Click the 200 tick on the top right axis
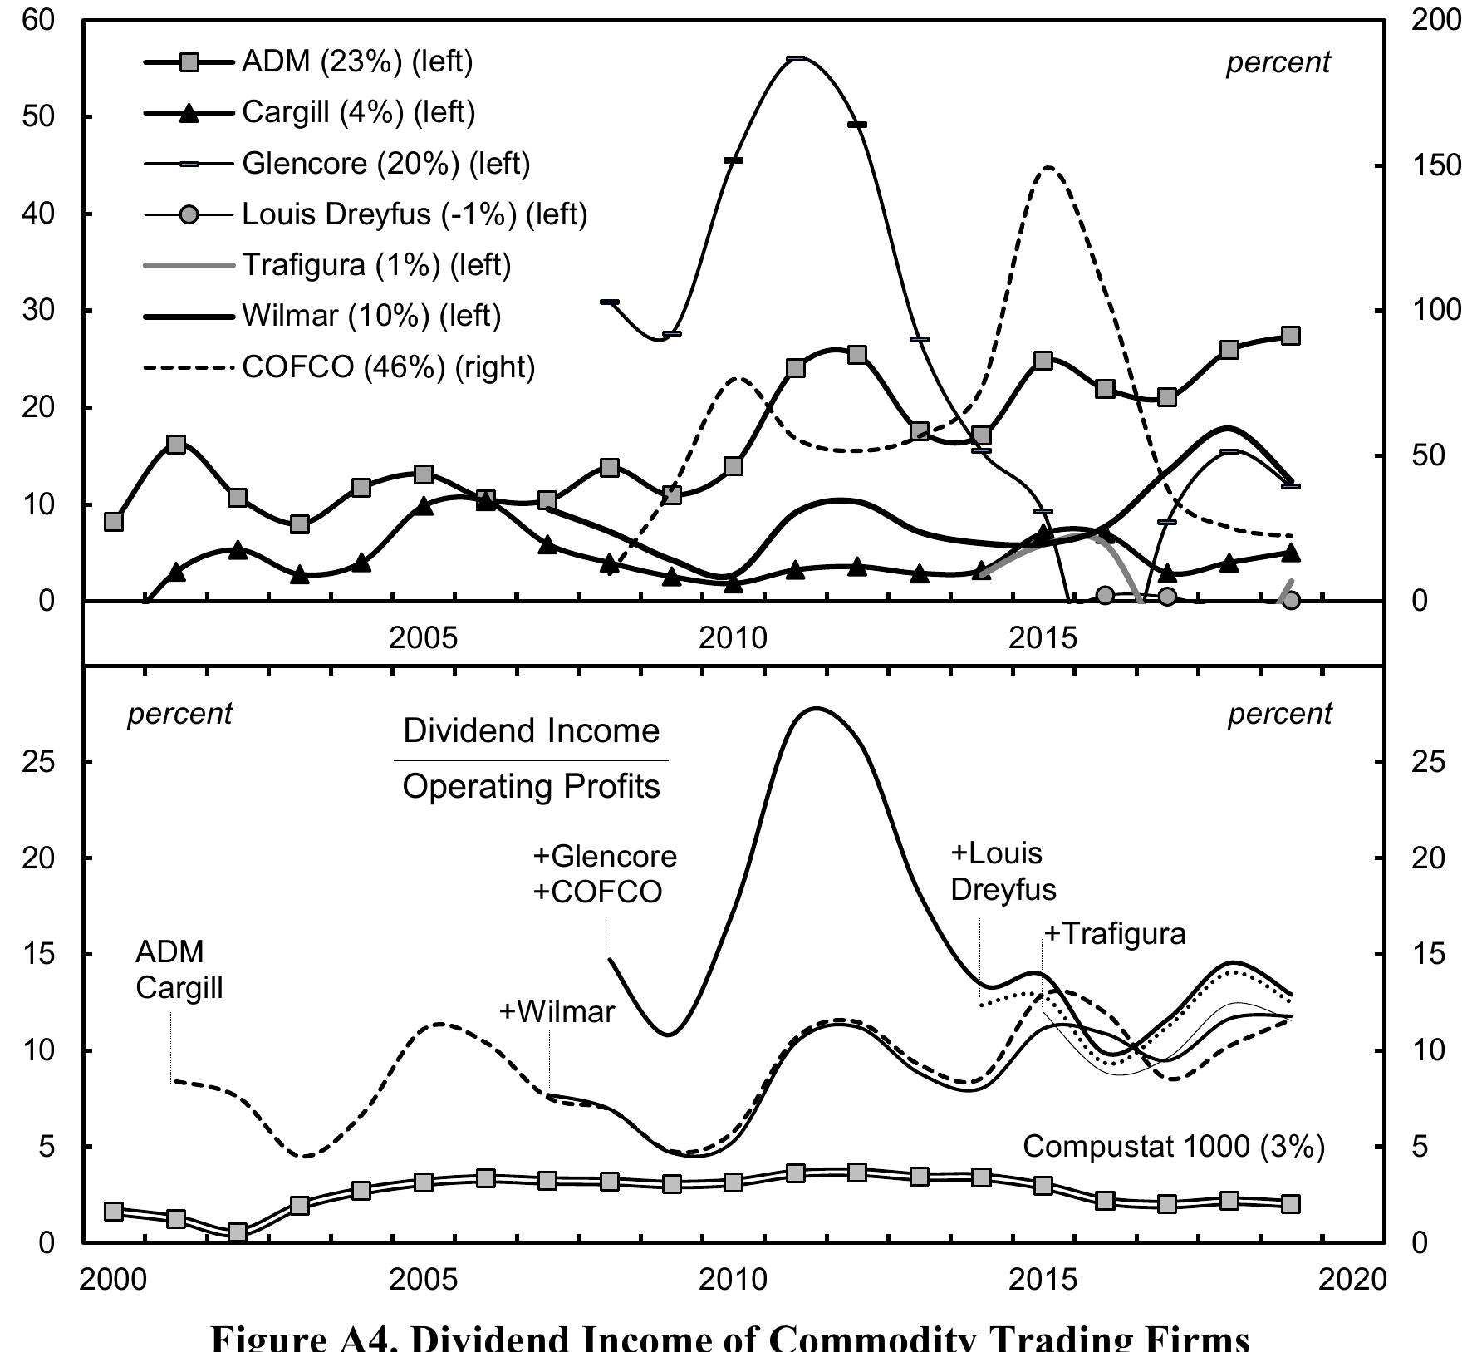pos(1435,20)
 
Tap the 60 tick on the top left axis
pos(37,20)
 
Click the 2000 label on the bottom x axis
pos(113,1280)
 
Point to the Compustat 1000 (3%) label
pos(1173,1147)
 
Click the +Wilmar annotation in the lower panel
pos(557,1011)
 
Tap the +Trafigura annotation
pos(1115,934)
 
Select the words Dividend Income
pos(531,731)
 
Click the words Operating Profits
pos(531,786)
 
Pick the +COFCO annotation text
pos(597,892)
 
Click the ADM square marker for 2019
pos(1290,336)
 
